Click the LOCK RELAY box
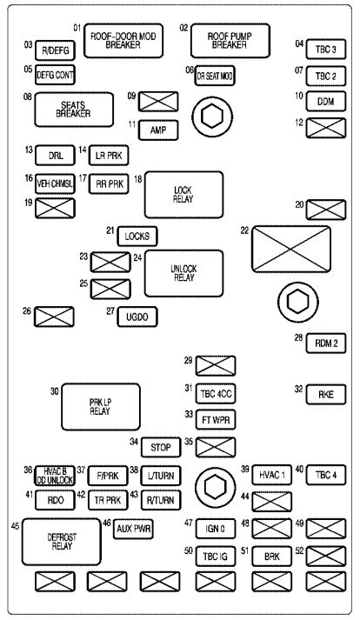[x=183, y=193]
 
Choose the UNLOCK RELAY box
[x=183, y=269]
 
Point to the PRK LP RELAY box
[x=101, y=405]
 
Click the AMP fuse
[x=159, y=130]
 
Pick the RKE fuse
[x=326, y=393]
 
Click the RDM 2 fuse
[x=326, y=343]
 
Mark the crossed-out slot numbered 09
[x=159, y=101]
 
